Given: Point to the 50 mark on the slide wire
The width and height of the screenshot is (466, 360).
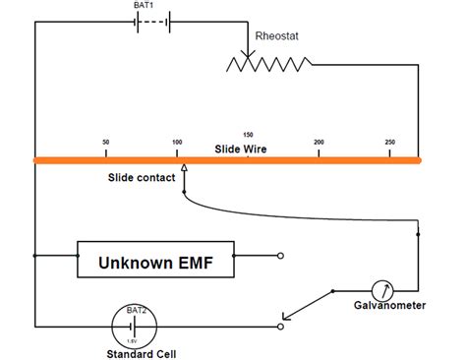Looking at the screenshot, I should pyautogui.click(x=105, y=143).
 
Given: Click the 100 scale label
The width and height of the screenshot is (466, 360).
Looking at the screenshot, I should pyautogui.click(x=177, y=143).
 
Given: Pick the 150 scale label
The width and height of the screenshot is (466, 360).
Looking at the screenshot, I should pyautogui.click(x=248, y=134).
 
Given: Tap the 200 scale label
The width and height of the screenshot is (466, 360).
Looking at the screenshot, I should pyautogui.click(x=319, y=143).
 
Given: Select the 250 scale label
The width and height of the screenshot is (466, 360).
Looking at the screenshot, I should pyautogui.click(x=390, y=143).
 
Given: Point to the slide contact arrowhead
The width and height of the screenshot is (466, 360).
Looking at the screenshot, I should pyautogui.click(x=185, y=169).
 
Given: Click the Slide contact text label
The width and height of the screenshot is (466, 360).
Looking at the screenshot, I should pyautogui.click(x=143, y=178).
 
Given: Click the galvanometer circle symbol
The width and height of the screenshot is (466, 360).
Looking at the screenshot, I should pyautogui.click(x=384, y=290).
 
